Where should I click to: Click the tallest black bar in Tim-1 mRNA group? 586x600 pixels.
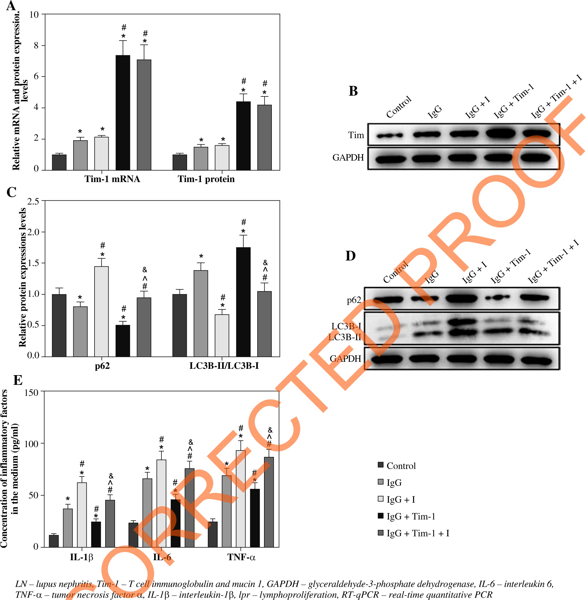(x=123, y=113)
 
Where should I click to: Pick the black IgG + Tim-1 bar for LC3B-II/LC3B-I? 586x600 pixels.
(x=243, y=302)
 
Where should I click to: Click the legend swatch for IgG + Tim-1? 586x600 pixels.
(x=381, y=516)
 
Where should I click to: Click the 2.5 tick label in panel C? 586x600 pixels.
(x=33, y=201)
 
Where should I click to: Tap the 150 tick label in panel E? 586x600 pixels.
(x=31, y=392)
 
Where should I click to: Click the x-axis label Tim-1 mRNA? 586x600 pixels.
(x=112, y=179)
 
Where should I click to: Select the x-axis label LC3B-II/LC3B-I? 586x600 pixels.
(x=224, y=365)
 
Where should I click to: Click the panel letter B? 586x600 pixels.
(x=353, y=91)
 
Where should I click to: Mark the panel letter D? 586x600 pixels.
(x=351, y=256)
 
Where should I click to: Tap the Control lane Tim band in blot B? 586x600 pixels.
(x=389, y=135)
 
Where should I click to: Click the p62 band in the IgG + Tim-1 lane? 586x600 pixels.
(x=497, y=297)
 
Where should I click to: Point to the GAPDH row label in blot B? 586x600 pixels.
(x=348, y=158)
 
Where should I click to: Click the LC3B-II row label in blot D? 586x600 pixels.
(x=344, y=337)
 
